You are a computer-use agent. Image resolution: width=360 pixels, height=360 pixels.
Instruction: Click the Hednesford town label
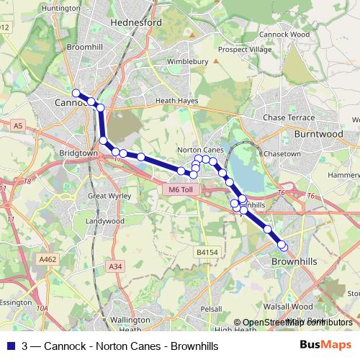pyautogui.click(x=136, y=22)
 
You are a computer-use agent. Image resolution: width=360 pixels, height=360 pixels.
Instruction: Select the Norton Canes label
pyautogui.click(x=197, y=150)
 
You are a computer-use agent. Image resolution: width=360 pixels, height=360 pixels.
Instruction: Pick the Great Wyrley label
pyautogui.click(x=106, y=196)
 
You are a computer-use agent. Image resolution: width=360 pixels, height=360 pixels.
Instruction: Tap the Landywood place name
pyautogui.click(x=104, y=221)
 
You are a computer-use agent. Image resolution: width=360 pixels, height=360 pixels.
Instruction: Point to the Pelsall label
pyautogui.click(x=211, y=308)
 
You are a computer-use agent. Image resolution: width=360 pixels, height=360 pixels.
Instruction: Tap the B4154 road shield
pyautogui.click(x=207, y=253)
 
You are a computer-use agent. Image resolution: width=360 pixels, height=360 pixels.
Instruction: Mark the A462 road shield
pyautogui.click(x=48, y=259)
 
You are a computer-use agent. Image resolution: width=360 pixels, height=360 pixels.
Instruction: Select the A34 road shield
pyautogui.click(x=114, y=266)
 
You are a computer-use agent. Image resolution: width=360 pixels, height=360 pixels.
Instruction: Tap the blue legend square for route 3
pyautogui.click(x=9, y=346)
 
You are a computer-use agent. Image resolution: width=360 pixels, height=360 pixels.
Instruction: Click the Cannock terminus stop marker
pyautogui.click(x=76, y=93)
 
